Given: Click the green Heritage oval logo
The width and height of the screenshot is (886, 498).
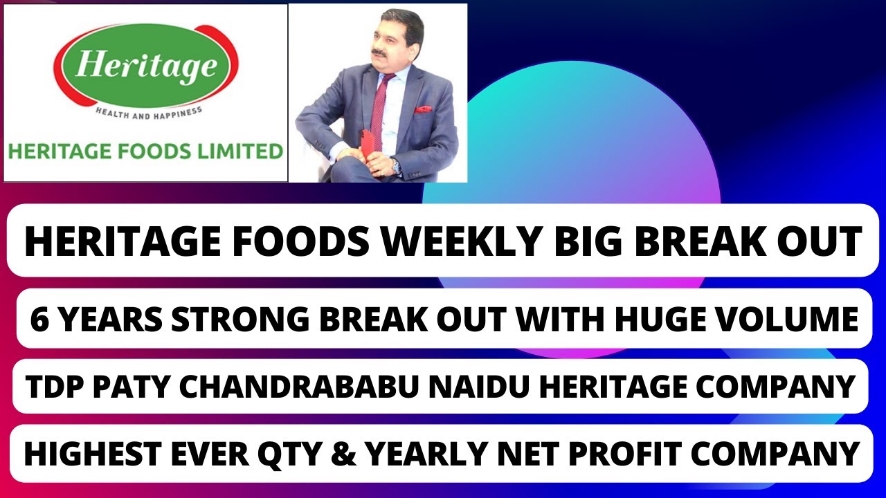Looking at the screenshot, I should tap(145, 66).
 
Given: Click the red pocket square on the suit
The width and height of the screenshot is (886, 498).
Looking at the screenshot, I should tap(422, 109).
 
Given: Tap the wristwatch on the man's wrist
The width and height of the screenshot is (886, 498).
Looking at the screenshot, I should tap(395, 166).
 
